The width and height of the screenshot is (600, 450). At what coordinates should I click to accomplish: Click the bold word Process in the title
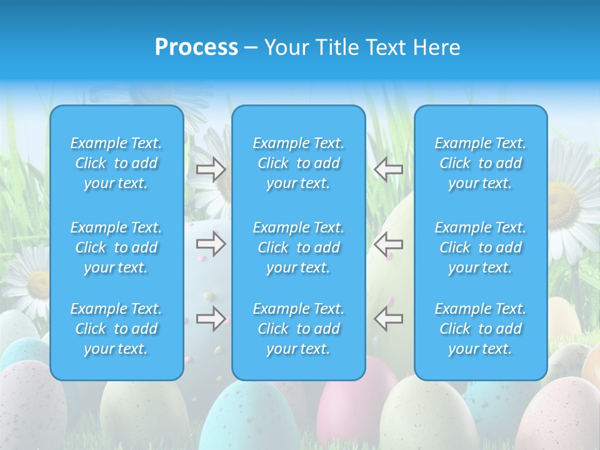click(x=196, y=47)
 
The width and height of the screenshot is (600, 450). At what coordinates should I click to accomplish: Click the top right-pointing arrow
click(x=211, y=169)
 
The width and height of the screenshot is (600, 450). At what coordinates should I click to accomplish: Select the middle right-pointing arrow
click(x=211, y=244)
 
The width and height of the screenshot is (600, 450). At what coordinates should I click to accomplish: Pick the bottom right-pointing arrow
click(x=211, y=319)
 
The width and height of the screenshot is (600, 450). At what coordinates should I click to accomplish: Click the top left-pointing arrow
click(x=388, y=169)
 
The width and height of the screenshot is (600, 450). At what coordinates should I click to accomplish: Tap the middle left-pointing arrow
click(x=388, y=244)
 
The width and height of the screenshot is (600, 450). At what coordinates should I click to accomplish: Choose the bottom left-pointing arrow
click(x=388, y=319)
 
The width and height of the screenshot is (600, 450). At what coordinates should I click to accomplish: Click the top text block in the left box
click(x=116, y=163)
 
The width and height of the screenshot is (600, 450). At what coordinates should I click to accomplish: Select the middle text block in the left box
click(x=116, y=247)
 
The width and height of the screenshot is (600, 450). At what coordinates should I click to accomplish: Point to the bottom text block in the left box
click(x=116, y=329)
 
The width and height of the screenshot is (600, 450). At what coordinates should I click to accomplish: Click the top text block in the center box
click(x=299, y=163)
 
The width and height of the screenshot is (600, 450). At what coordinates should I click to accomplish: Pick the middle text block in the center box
click(x=299, y=247)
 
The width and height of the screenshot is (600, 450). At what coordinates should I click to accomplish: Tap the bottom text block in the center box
click(x=299, y=329)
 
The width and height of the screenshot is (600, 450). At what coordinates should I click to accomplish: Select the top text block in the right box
click(x=481, y=163)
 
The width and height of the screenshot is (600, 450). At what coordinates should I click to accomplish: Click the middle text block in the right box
click(x=481, y=247)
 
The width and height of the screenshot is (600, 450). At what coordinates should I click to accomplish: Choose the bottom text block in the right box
click(x=481, y=329)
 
